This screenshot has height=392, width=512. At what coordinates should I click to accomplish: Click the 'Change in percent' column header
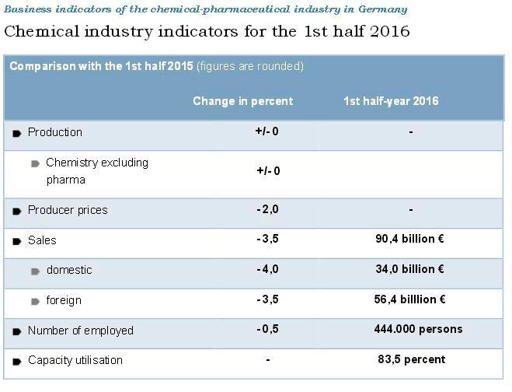(242, 101)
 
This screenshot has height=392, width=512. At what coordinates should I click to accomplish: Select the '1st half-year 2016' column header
(391, 101)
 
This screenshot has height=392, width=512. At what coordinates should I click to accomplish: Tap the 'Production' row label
(54, 132)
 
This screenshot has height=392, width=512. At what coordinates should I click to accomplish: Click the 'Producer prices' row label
(68, 210)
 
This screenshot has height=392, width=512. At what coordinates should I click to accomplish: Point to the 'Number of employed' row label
(80, 331)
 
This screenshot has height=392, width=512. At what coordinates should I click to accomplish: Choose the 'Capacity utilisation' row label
(75, 360)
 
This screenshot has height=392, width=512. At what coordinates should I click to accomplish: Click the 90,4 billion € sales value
(409, 240)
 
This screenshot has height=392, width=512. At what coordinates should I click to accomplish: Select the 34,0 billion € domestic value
(409, 269)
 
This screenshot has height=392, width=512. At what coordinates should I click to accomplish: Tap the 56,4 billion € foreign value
(409, 299)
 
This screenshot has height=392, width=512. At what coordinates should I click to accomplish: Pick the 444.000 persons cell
(418, 329)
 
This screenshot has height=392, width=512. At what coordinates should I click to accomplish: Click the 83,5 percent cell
(410, 359)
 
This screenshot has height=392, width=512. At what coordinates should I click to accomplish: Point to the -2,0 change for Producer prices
(267, 209)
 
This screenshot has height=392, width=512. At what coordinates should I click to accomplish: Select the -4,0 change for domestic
(267, 269)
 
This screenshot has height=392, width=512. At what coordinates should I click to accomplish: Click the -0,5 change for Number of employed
(267, 329)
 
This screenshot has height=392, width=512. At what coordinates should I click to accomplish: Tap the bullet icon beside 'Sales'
(17, 241)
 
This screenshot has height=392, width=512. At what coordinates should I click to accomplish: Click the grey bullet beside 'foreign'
(36, 302)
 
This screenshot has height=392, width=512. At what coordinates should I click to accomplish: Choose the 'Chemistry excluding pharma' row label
(96, 171)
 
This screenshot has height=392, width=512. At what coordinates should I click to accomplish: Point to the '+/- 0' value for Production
(266, 131)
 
